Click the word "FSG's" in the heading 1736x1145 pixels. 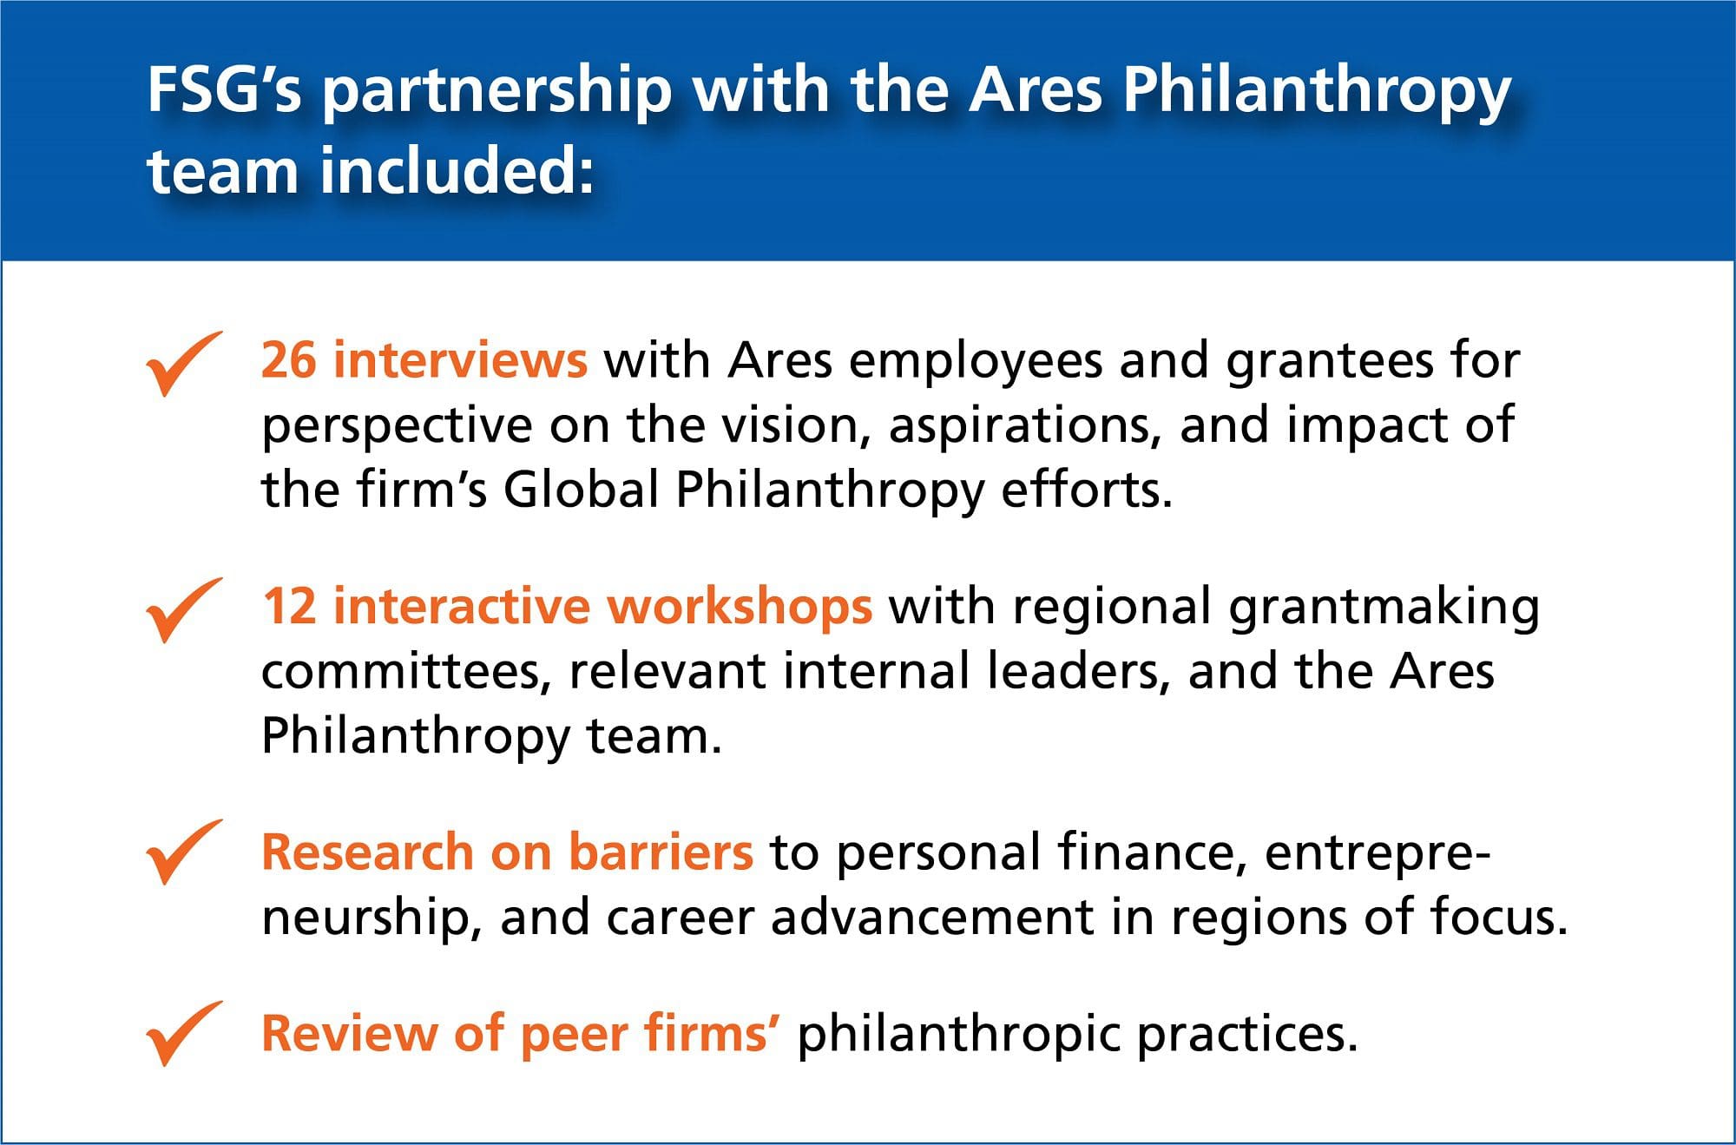225,89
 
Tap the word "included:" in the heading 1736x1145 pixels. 457,169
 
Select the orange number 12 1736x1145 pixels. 289,606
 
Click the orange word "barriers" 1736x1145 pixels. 661,852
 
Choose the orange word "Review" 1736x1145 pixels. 350,1033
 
